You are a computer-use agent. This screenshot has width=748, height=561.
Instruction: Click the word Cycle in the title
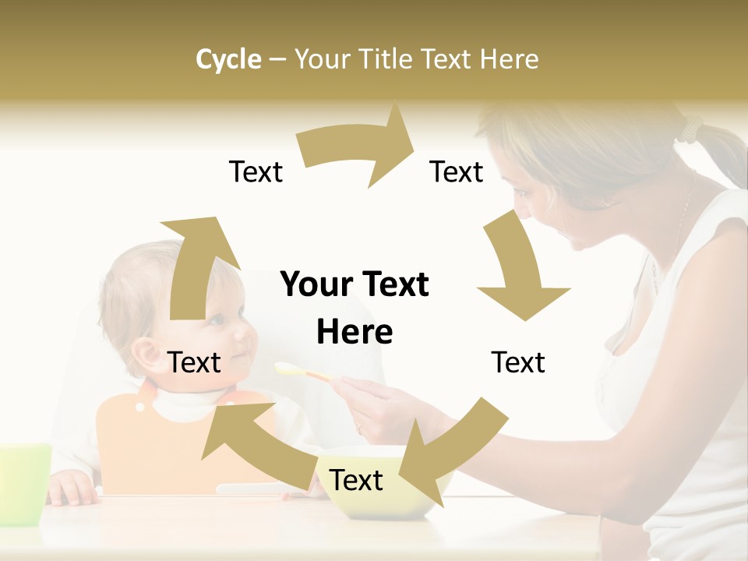(228, 59)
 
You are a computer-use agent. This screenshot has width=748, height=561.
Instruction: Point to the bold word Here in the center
(355, 332)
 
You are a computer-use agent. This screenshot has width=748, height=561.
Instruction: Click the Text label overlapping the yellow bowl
(356, 480)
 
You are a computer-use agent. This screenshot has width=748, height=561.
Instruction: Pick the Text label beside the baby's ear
(194, 362)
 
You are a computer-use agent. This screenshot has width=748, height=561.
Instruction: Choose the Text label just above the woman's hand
(518, 362)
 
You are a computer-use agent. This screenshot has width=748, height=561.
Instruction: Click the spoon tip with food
(287, 368)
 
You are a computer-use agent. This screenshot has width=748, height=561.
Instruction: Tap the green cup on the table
(23, 483)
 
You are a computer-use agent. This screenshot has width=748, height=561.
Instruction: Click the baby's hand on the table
(72, 489)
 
